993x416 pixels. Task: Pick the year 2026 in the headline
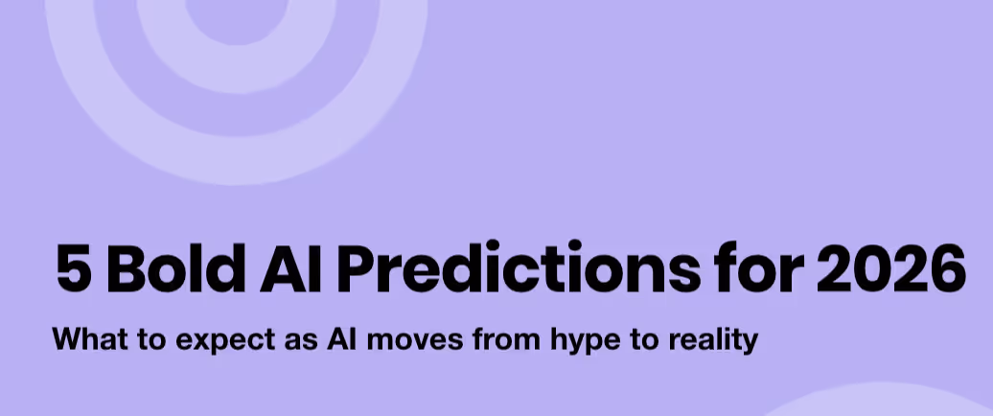[889, 269]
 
